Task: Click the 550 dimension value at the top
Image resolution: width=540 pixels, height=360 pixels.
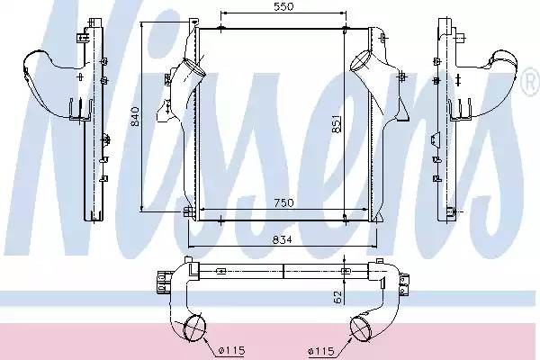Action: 283,6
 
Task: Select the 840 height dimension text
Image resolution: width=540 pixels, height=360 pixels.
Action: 135,116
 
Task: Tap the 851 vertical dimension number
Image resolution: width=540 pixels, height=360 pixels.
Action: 337,123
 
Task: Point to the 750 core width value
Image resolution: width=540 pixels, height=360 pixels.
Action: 283,202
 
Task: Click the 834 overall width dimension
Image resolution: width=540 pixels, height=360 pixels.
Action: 282,239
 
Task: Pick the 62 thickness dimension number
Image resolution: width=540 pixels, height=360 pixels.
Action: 337,297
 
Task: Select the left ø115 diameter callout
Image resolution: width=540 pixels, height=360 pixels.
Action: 232,351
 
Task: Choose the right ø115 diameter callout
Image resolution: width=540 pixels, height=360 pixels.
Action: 321,351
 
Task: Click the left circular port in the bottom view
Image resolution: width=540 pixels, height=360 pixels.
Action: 194,328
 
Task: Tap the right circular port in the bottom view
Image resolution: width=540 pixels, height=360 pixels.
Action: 361,328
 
